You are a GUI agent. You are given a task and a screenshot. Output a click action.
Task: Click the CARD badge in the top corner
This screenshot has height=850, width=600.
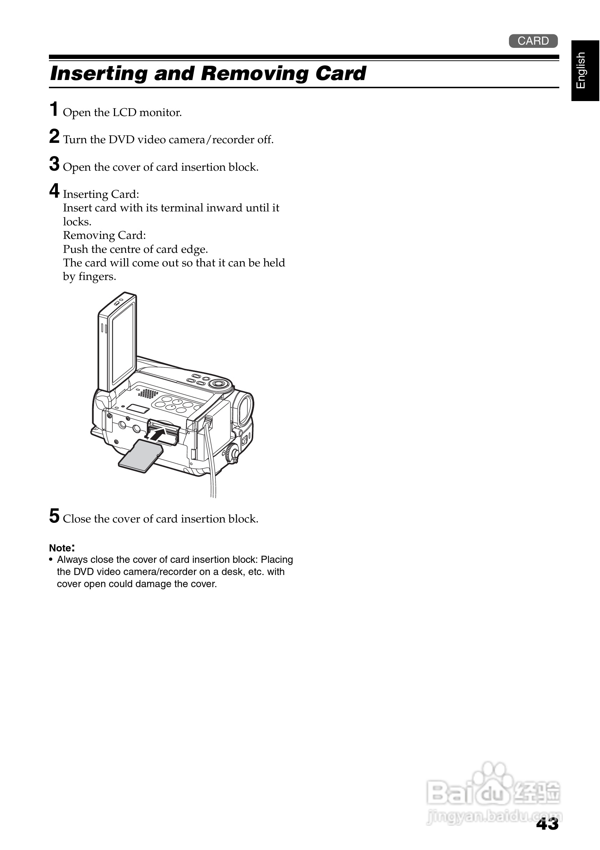pos(533,41)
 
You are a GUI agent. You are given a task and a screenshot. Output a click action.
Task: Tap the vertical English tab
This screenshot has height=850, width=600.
pos(585,70)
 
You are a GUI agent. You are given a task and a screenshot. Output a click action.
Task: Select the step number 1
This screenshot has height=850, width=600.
pos(54,110)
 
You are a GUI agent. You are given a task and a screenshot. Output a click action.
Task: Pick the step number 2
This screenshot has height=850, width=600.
pos(54,136)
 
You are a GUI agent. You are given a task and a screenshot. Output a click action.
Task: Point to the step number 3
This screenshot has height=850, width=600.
pos(54,164)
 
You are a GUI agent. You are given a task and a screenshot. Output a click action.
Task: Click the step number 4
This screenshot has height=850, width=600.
pos(54,191)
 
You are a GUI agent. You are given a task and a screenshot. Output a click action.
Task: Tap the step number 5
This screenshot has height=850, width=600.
pos(54,516)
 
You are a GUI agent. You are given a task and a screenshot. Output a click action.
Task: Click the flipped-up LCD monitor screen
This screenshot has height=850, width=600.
pos(123,342)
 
